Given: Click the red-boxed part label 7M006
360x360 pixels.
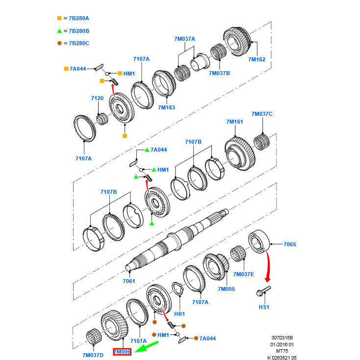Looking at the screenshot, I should click(122, 352).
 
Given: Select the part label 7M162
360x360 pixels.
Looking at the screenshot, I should click(256, 59).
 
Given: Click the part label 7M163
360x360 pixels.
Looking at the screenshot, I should click(166, 107).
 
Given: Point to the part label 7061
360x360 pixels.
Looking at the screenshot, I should click(129, 281).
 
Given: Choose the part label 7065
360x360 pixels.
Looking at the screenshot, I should click(290, 244).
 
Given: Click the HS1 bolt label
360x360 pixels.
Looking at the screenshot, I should click(264, 307).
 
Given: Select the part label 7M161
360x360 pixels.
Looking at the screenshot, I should click(234, 121).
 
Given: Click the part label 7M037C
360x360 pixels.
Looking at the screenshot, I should click(261, 114).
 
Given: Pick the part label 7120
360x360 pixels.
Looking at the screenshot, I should click(97, 98).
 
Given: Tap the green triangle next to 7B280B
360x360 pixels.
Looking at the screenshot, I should click(59, 30).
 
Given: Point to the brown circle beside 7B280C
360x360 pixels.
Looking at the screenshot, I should click(59, 43).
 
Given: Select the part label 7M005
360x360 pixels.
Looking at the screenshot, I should click(226, 289).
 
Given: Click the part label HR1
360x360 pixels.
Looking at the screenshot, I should click(179, 314).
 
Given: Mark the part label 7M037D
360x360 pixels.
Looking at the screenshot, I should click(93, 355).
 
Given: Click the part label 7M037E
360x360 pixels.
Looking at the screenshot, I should click(243, 274).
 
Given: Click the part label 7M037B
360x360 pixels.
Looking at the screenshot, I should click(219, 73).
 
